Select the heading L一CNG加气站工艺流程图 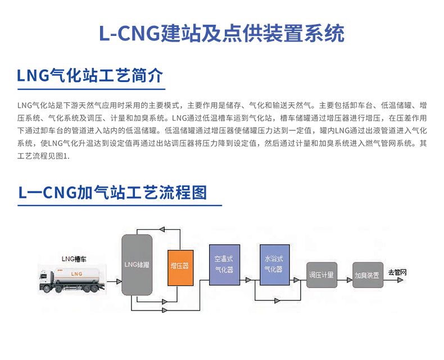tap(112, 193)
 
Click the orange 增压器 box tap(180, 268)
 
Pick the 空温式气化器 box tap(224, 266)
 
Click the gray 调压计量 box tap(321, 275)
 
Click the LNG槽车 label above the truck tap(75, 258)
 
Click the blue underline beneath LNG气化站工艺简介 tap(90, 89)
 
